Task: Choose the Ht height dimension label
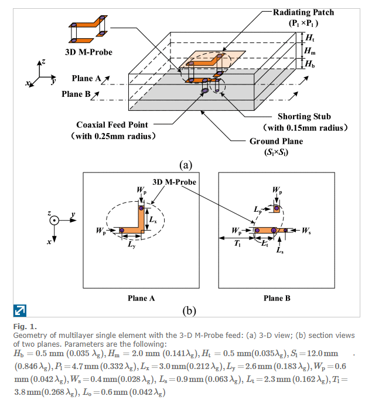tap(310, 37)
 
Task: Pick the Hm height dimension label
tap(310, 50)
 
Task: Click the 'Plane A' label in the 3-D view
tap(86, 79)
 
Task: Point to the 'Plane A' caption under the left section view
tap(141, 298)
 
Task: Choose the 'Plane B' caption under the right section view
tap(277, 298)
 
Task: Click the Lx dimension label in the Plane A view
tap(152, 218)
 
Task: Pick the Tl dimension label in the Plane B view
tap(237, 244)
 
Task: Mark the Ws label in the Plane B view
tap(306, 231)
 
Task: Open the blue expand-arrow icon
tap(19, 310)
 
